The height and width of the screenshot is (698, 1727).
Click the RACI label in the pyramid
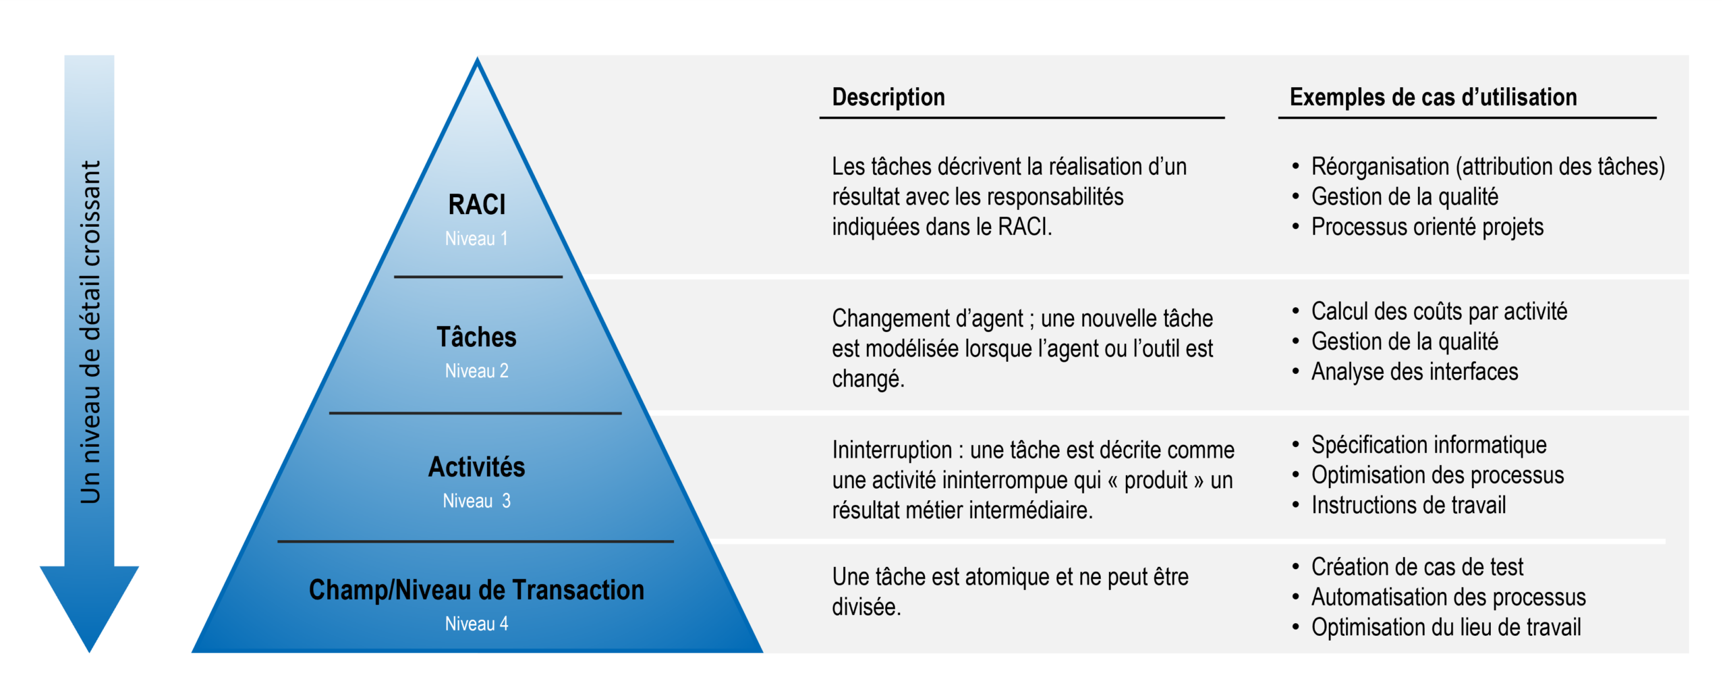pos(476,205)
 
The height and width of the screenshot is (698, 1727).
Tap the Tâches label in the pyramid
pos(476,337)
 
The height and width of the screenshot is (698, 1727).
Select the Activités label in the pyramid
pos(476,466)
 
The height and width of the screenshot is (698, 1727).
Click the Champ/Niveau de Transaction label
pos(476,590)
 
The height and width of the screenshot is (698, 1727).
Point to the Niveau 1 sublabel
pos(476,238)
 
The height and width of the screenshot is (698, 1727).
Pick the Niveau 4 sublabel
pos(476,624)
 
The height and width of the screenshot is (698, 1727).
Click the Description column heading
pos(888,97)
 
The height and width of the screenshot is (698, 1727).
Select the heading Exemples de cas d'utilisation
pos(1433,97)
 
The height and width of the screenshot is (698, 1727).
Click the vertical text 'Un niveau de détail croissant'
pos(90,332)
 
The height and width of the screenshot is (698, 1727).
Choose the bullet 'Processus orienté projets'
pos(1427,227)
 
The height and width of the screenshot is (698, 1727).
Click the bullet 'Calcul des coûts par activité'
pos(1439,311)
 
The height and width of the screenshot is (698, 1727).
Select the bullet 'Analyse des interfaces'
pos(1415,371)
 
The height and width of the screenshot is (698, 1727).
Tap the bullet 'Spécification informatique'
pos(1429,445)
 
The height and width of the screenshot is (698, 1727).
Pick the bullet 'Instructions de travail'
pos(1409,505)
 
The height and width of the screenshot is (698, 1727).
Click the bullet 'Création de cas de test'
pos(1417,567)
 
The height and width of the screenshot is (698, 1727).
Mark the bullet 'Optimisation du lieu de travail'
pos(1446,627)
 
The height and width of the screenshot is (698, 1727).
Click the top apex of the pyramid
pos(477,58)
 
